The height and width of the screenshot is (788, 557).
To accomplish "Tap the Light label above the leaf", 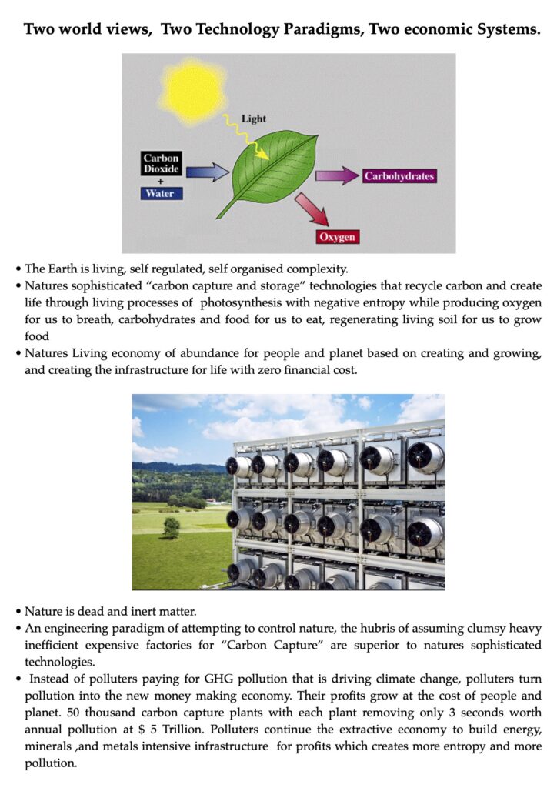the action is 253,119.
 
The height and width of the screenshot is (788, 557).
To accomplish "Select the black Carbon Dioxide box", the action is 161,163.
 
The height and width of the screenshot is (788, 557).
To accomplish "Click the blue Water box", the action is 161,193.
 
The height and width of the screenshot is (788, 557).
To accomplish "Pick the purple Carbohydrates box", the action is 399,176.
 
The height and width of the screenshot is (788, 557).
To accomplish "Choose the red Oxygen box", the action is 338,237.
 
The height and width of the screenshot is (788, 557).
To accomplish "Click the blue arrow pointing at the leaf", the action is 208,172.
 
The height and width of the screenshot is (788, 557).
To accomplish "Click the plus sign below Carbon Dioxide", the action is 161,182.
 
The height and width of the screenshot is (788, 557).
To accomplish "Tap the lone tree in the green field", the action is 172,528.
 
